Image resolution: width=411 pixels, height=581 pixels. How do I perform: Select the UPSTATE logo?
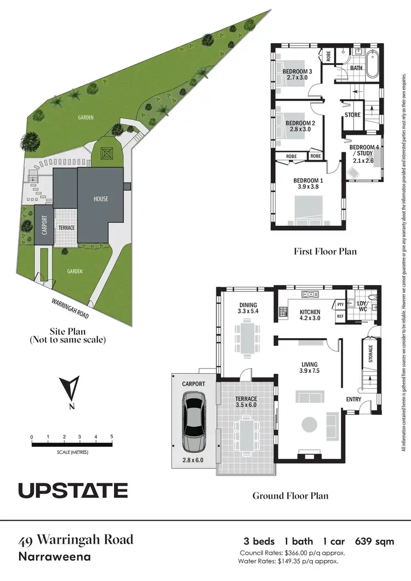tap(73, 490)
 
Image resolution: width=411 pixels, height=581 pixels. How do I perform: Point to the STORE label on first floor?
tap(352, 115)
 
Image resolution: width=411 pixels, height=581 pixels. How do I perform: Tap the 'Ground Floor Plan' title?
tap(290, 495)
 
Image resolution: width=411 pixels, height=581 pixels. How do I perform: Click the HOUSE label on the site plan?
tap(100, 199)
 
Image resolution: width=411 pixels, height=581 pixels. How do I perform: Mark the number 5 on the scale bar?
tap(112, 437)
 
